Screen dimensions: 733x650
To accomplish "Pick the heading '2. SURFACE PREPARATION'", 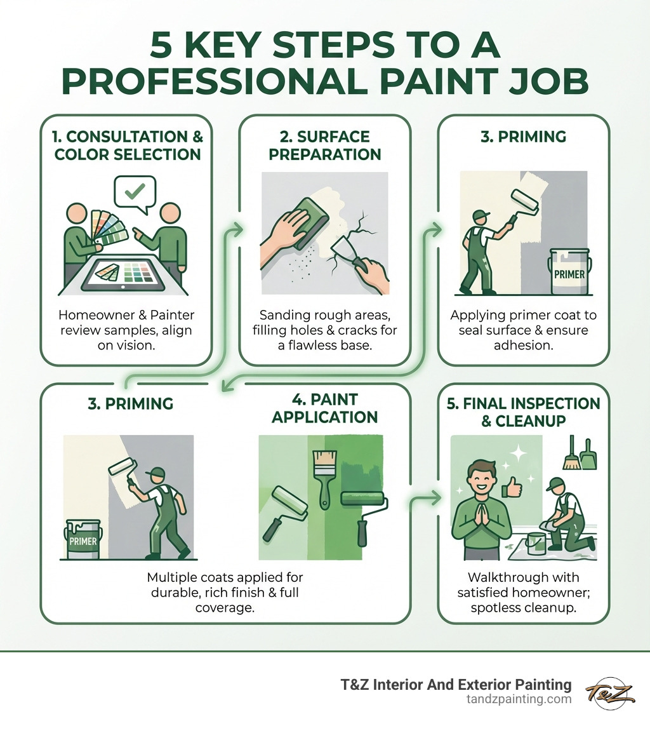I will (324, 145).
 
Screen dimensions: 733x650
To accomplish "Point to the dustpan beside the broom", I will (589, 455).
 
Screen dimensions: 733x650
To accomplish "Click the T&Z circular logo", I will (610, 692).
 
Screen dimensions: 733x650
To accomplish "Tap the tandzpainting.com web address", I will (519, 699).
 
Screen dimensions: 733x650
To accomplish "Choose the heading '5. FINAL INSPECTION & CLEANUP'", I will (523, 412).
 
